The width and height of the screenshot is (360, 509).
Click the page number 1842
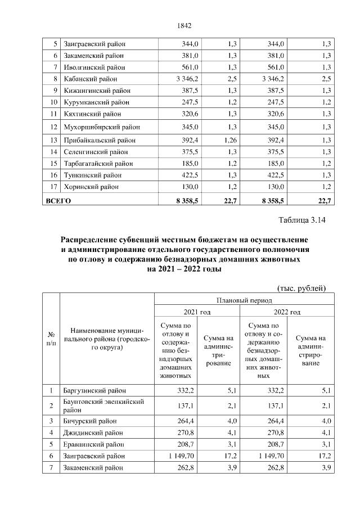[184, 25]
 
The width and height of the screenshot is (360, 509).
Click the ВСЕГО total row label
[58, 200]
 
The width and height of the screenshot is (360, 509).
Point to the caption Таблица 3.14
[303, 219]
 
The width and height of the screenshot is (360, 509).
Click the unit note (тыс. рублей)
[302, 288]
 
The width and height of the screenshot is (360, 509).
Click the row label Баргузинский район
[95, 390]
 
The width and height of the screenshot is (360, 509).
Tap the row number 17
[54, 187]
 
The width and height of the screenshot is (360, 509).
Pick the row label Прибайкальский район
[100, 140]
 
